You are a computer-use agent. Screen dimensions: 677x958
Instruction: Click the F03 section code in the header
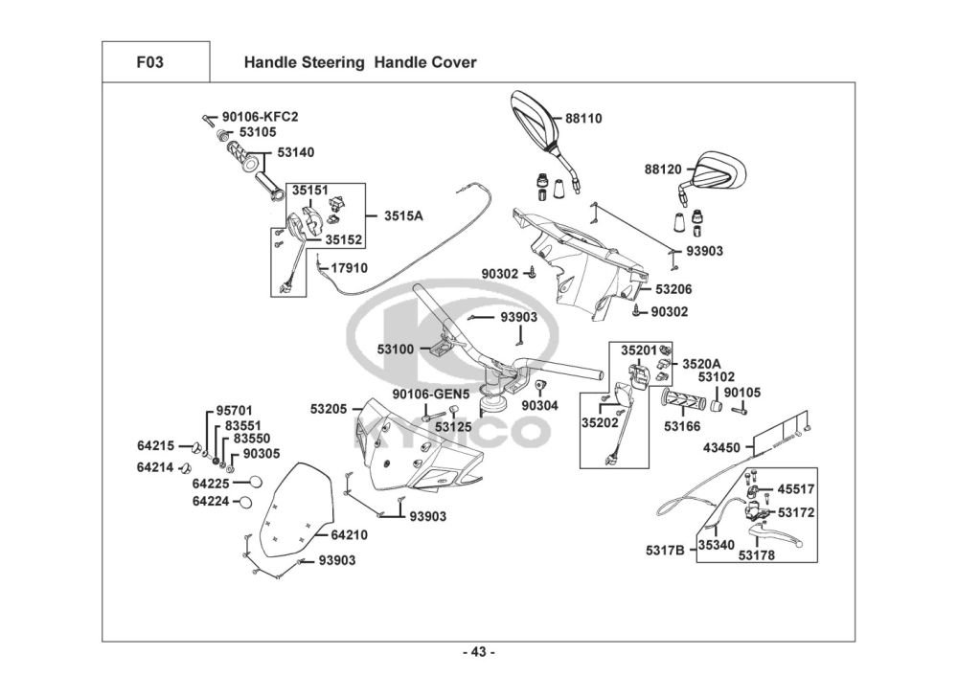(x=149, y=63)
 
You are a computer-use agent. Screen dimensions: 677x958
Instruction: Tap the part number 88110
(x=583, y=120)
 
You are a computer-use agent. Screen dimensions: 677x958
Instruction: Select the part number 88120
(x=662, y=169)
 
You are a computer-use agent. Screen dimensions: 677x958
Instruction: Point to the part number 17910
(x=348, y=268)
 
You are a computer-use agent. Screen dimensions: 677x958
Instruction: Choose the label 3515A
(x=403, y=216)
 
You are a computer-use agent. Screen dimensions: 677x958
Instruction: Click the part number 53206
(x=673, y=288)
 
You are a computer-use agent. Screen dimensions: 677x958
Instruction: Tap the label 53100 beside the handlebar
(x=396, y=350)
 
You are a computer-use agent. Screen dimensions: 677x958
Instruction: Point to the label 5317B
(x=665, y=551)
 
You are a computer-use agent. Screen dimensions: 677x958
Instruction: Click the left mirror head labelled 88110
(x=534, y=119)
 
